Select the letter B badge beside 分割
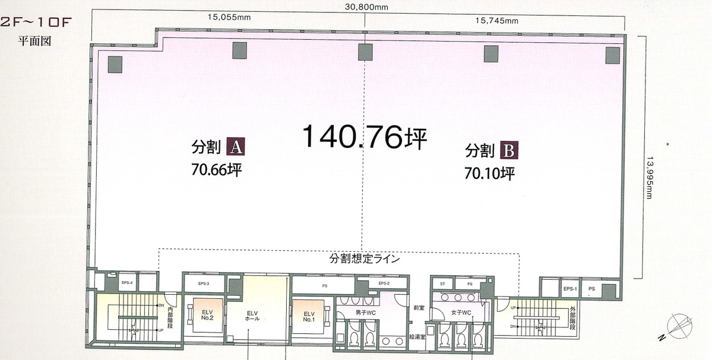pyautogui.click(x=509, y=150)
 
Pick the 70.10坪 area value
pyautogui.click(x=489, y=173)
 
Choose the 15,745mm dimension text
pyautogui.click(x=497, y=21)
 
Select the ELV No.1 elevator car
pyautogui.click(x=309, y=317)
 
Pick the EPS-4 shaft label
pyautogui.click(x=127, y=283)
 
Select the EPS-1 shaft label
pyautogui.click(x=570, y=289)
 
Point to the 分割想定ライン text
pyautogui.click(x=365, y=260)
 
